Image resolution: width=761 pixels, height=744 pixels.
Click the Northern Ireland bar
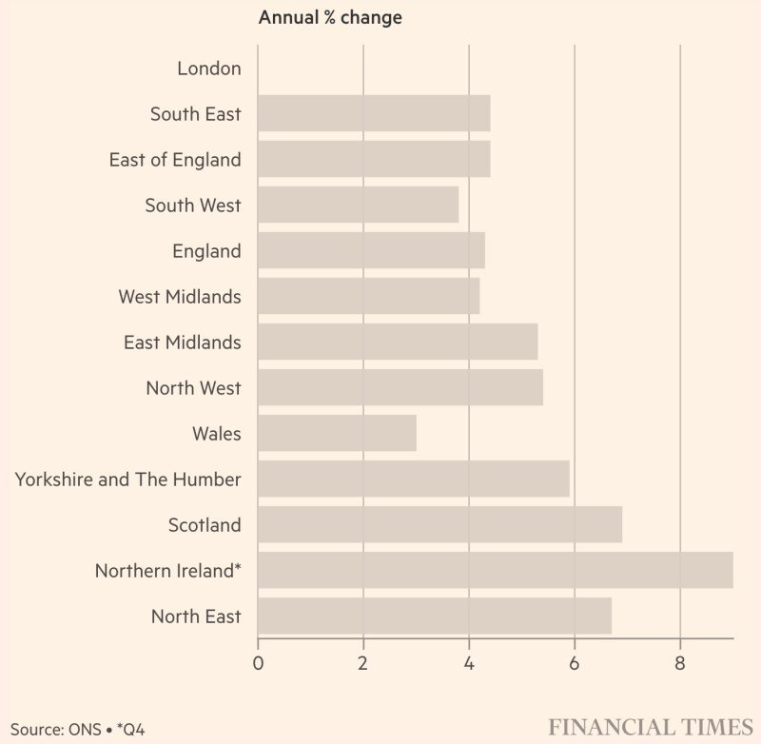495,570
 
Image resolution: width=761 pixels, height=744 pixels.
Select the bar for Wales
337,433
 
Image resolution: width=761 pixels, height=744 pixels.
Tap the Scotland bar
439,524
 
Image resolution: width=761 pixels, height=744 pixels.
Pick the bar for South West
358,205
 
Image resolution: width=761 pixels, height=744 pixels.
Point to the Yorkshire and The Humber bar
413,479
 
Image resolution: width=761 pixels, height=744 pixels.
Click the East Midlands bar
398,342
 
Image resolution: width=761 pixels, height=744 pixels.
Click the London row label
209,69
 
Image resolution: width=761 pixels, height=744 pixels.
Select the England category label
206,251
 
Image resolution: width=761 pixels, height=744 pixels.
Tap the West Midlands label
179,297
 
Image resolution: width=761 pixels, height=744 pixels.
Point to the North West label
193,388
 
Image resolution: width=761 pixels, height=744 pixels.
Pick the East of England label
175,160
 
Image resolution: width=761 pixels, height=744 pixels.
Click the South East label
195,114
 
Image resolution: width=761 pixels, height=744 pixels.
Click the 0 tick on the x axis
258,663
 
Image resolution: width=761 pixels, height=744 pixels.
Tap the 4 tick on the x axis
469,663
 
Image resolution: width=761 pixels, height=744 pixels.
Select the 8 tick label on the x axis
680,663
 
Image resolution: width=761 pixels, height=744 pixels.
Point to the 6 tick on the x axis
575,663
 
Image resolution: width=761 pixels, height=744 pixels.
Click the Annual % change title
330,17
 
